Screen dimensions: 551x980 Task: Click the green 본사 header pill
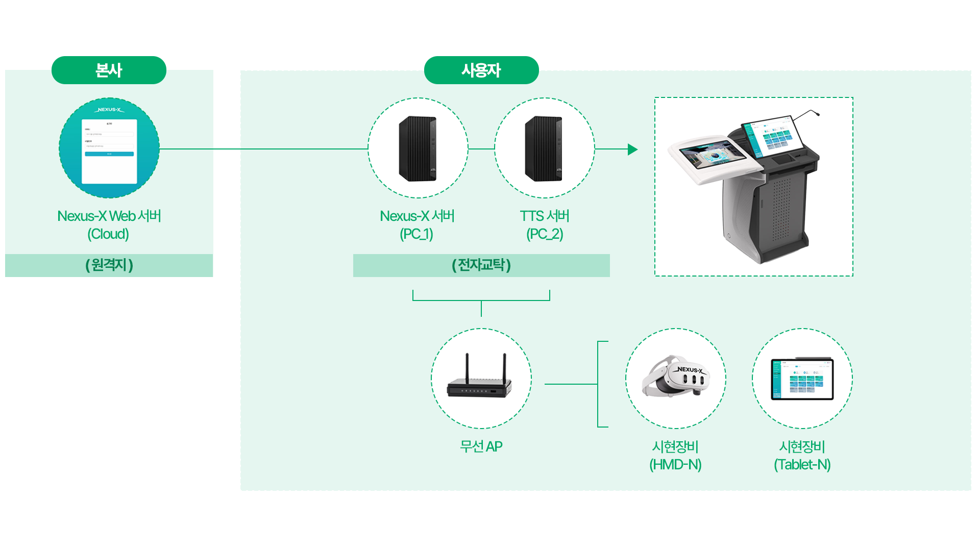(x=109, y=70)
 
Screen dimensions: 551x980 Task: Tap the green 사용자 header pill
(x=481, y=70)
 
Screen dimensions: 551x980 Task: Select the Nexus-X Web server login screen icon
(x=109, y=148)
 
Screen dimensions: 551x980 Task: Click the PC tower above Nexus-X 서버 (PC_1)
(x=418, y=148)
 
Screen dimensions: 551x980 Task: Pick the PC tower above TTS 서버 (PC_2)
(x=544, y=148)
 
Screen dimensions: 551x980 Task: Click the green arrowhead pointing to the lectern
(x=632, y=149)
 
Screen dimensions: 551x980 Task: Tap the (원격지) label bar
(x=109, y=265)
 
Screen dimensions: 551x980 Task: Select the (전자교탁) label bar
(x=481, y=265)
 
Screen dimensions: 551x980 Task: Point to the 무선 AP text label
(x=481, y=446)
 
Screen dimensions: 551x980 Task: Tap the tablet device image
(x=802, y=379)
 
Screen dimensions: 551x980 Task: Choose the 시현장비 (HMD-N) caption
(x=675, y=456)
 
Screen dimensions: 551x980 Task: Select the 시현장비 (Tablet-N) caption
(x=802, y=456)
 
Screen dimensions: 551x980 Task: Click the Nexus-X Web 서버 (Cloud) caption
(x=109, y=225)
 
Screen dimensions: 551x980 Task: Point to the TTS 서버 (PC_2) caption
(x=544, y=225)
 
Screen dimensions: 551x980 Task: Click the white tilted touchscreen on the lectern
(x=713, y=155)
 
